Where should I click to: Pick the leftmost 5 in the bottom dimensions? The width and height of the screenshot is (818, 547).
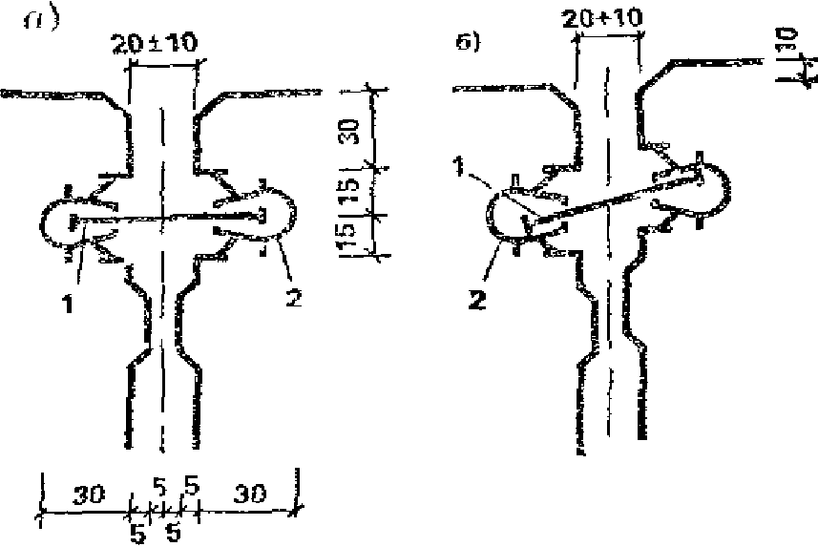click(x=137, y=535)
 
